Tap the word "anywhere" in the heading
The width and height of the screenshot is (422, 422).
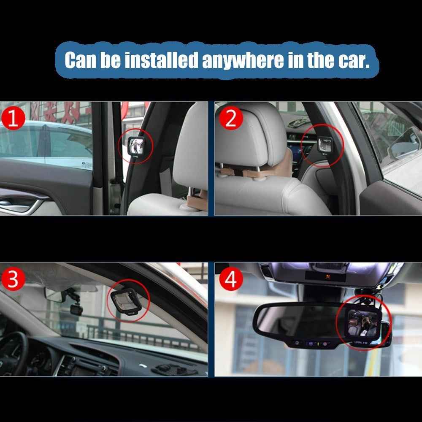243,60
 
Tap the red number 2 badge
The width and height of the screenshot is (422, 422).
231,119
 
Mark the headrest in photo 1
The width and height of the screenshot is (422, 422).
191,148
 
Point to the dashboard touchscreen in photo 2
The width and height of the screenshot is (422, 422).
295,148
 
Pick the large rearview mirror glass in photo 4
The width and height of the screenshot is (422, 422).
295,321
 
